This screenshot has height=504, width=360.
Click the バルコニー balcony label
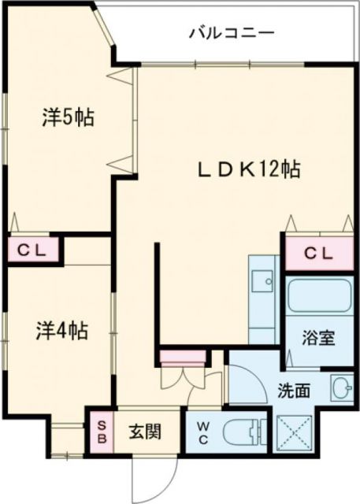[x=231, y=33]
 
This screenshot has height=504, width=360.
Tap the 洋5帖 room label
[x=69, y=118]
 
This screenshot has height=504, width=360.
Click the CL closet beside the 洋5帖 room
[x=34, y=251]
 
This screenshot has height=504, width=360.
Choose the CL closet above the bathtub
[x=318, y=253]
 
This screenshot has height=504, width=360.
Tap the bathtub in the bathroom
[x=317, y=295]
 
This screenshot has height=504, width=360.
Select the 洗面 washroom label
[x=292, y=388]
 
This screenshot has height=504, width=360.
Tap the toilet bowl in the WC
[x=241, y=432]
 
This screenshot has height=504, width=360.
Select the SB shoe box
[x=100, y=431]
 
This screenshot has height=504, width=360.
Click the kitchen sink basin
[x=262, y=280]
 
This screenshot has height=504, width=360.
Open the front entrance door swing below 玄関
[x=150, y=476]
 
